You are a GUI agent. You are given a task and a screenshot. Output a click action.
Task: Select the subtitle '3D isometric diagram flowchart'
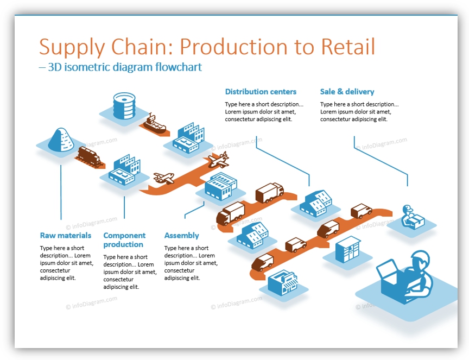(125, 67)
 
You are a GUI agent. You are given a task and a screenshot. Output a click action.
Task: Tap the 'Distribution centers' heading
(261, 92)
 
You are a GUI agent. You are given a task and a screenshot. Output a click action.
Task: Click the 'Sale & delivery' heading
(347, 92)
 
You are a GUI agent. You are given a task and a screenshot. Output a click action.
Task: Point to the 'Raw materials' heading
(66, 236)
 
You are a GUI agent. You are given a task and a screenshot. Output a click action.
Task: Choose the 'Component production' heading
(124, 240)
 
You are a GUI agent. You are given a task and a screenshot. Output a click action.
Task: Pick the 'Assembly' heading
(181, 236)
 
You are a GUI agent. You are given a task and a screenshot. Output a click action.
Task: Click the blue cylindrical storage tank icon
(124, 106)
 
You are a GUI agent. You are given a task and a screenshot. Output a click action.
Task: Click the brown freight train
(89, 156)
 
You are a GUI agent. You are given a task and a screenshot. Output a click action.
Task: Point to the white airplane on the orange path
(219, 160)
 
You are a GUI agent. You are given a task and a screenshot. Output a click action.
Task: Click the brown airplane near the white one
(164, 178)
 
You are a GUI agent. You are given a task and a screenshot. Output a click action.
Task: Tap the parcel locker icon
(348, 249)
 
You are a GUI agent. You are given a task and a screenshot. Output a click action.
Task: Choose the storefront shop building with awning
(283, 282)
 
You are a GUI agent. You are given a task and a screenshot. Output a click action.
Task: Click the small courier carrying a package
(412, 217)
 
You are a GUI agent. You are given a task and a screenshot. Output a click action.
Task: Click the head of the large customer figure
(421, 259)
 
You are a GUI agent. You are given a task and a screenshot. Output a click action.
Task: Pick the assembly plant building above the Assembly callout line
(221, 186)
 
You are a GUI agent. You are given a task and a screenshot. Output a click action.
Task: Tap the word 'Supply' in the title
(72, 48)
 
